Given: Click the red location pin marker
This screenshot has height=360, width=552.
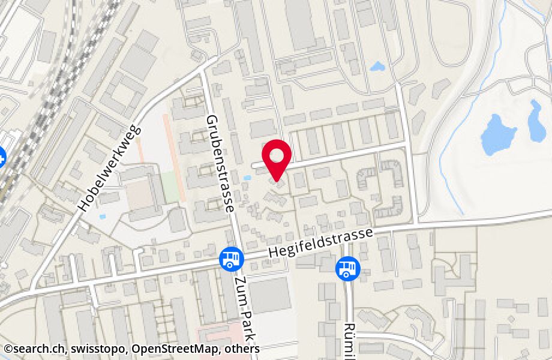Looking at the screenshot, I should coord(277,158).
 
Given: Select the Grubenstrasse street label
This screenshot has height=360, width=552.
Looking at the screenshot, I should coord(218,164).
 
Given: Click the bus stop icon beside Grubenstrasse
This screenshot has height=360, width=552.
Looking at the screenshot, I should coord(230,259).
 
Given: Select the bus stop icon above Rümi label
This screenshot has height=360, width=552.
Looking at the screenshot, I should coord(346,267).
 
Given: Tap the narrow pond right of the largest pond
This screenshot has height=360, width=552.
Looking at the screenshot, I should coord(536,121).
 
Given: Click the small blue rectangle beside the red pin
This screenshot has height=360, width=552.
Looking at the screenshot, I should coord(248,178).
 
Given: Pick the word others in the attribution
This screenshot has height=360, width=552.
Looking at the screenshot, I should coord(239,349).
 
